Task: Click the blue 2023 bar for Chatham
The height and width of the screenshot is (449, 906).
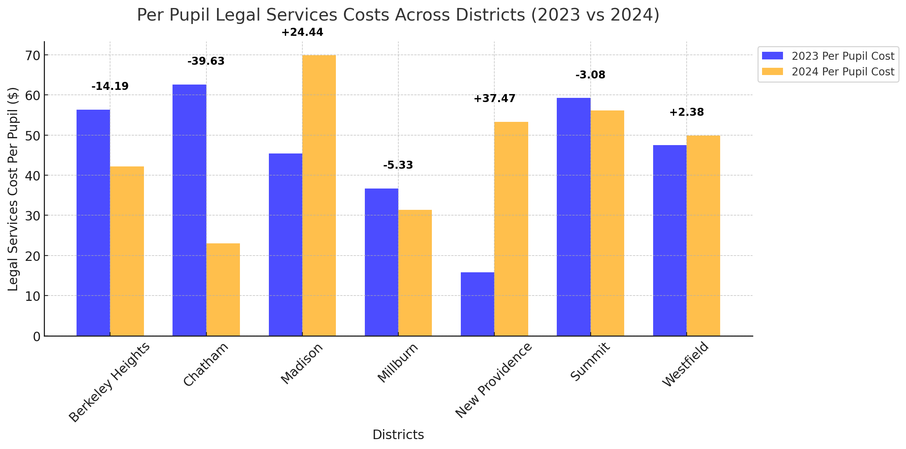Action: pyautogui.click(x=189, y=210)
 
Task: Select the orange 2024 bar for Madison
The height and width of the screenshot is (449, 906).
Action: pyautogui.click(x=319, y=195)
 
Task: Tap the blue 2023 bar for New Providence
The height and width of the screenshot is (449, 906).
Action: pyautogui.click(x=478, y=304)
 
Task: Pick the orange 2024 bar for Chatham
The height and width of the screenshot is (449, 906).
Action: pyautogui.click(x=223, y=289)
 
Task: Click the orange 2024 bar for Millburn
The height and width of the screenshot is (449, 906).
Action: pyautogui.click(x=415, y=273)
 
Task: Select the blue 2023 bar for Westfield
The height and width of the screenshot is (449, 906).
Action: pyautogui.click(x=670, y=240)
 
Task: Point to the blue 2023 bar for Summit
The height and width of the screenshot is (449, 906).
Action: pyautogui.click(x=574, y=217)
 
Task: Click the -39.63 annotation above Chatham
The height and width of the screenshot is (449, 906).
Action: pyautogui.click(x=206, y=61)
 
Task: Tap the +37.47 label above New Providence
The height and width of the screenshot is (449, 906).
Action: pyautogui.click(x=494, y=99)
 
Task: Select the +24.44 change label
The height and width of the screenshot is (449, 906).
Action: pyautogui.click(x=302, y=32)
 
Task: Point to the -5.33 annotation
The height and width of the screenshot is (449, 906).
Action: pyautogui.click(x=398, y=165)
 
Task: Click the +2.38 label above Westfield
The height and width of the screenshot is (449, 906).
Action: pyautogui.click(x=687, y=112)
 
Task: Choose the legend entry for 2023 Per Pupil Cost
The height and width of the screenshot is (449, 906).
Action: pyautogui.click(x=828, y=56)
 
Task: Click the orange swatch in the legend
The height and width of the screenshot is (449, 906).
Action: pyautogui.click(x=772, y=72)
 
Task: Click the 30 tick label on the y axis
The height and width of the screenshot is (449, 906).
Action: pyautogui.click(x=32, y=216)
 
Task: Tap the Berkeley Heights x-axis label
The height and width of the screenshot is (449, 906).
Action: pyautogui.click(x=110, y=382)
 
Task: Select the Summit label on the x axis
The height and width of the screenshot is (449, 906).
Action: pyautogui.click(x=590, y=361)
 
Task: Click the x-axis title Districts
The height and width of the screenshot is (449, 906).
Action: pyautogui.click(x=398, y=435)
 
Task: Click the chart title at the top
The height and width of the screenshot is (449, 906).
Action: pyautogui.click(x=398, y=15)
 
